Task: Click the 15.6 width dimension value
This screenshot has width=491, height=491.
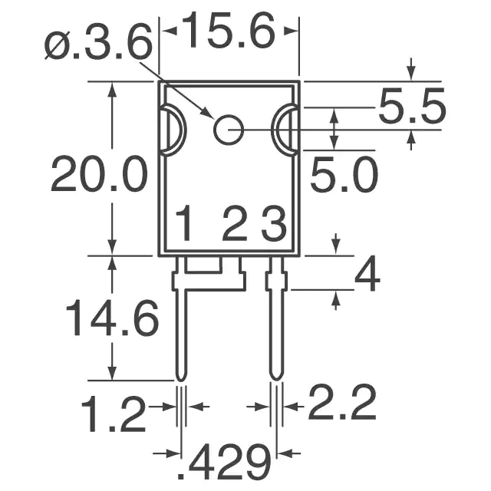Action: click(x=228, y=31)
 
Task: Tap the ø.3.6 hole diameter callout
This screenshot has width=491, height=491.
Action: click(x=98, y=41)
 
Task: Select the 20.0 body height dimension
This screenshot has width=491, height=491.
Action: click(x=99, y=173)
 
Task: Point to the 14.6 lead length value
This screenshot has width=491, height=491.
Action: click(x=112, y=318)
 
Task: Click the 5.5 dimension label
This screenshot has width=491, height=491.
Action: click(x=412, y=106)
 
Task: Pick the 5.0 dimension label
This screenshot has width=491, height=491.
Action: click(x=344, y=175)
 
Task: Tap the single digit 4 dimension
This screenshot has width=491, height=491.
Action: click(x=367, y=273)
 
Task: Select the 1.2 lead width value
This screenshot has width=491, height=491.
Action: click(x=114, y=414)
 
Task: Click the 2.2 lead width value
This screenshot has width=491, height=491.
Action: click(x=342, y=402)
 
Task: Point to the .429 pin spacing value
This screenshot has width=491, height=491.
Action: click(x=224, y=461)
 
